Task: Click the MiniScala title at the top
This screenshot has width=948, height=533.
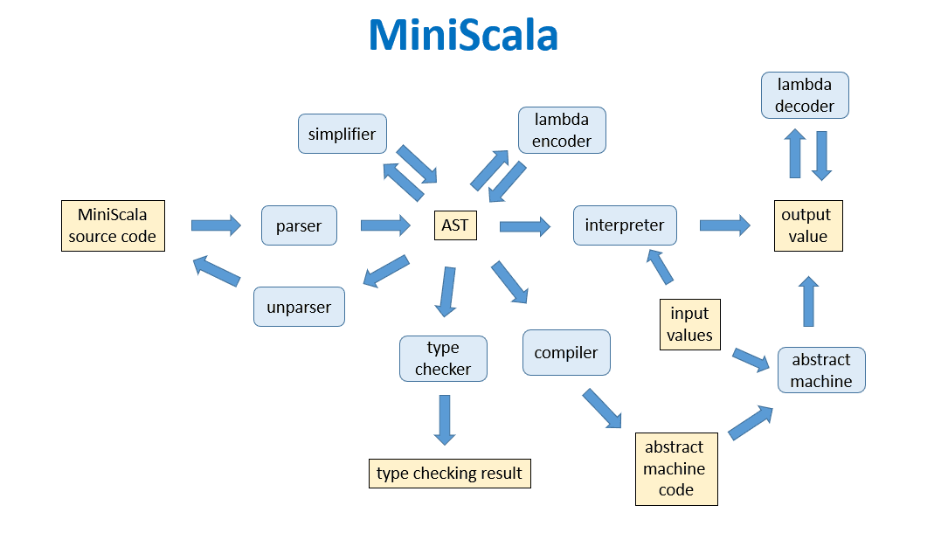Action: pyautogui.click(x=463, y=36)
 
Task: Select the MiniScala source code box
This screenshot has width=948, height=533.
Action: pyautogui.click(x=113, y=225)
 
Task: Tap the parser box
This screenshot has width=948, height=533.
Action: pyautogui.click(x=299, y=226)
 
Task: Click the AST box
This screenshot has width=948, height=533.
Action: pyautogui.click(x=454, y=225)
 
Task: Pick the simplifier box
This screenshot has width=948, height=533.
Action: pyautogui.click(x=342, y=134)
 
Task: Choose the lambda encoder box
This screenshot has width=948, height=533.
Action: pyautogui.click(x=561, y=130)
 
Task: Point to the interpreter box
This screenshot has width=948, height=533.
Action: pyautogui.click(x=625, y=225)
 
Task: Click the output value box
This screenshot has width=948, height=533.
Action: pyautogui.click(x=807, y=225)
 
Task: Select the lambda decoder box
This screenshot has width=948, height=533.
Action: pyautogui.click(x=805, y=95)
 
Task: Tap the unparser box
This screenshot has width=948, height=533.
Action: pyautogui.click(x=299, y=307)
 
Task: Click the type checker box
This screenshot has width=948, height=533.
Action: pyautogui.click(x=443, y=359)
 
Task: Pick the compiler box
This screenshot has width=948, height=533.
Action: pyautogui.click(x=566, y=353)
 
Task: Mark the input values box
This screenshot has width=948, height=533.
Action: pyautogui.click(x=690, y=324)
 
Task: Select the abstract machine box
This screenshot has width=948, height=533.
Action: pyautogui.click(x=821, y=370)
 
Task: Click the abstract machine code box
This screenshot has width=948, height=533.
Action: pyautogui.click(x=675, y=468)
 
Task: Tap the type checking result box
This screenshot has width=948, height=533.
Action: pyautogui.click(x=449, y=474)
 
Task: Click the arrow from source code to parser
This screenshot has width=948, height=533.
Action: pyautogui.click(x=215, y=225)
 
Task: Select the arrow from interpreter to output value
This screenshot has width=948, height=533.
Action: pyautogui.click(x=724, y=225)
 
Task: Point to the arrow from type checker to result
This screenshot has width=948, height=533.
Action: pyautogui.click(x=444, y=420)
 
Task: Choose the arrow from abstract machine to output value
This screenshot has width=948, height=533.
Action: pyautogui.click(x=809, y=301)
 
